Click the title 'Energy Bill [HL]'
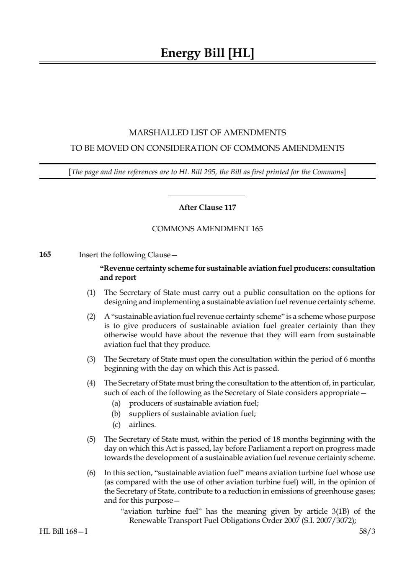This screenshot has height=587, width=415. [207, 53]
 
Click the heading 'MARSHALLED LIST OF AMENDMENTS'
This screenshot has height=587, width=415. [207, 133]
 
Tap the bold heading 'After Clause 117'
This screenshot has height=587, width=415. [207, 207]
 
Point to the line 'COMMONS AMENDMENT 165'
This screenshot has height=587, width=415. [207, 229]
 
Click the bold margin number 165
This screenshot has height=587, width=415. [45, 254]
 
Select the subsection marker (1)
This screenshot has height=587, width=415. [91, 292]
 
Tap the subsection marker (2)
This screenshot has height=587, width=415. [91, 316]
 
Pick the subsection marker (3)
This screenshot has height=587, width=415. [91, 359]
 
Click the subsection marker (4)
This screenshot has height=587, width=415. [91, 383]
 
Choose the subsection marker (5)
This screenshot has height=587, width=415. [91, 439]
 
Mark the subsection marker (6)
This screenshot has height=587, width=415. [91, 473]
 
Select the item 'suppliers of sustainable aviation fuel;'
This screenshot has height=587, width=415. [192, 414]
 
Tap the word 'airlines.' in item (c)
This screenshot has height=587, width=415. [142, 424]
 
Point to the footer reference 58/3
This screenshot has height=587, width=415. [367, 531]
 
